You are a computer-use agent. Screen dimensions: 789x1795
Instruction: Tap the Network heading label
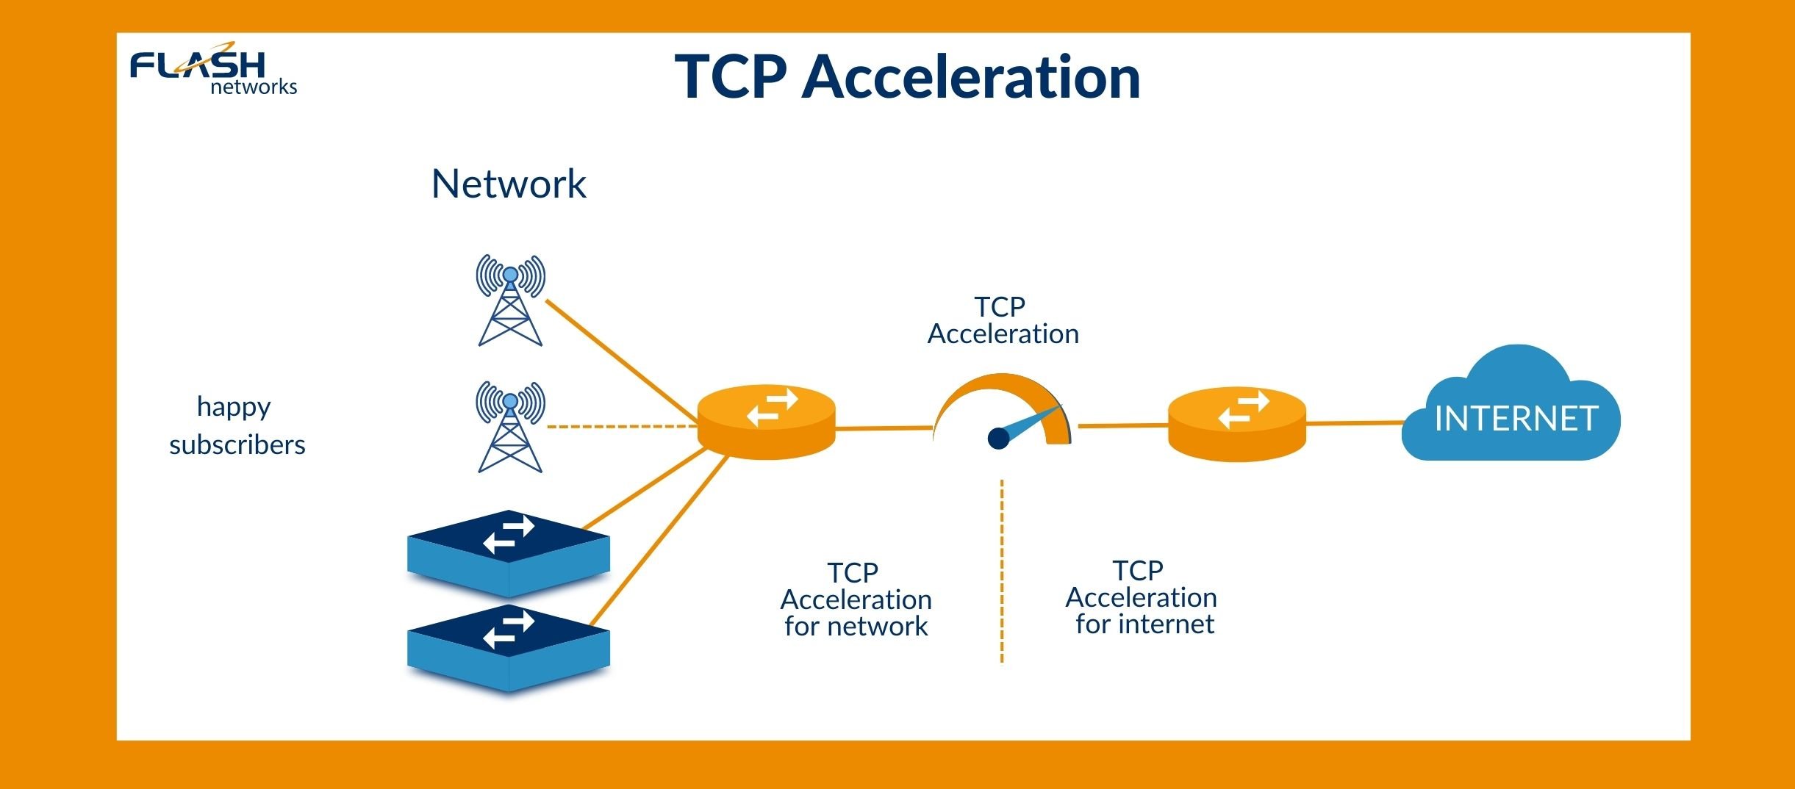(509, 184)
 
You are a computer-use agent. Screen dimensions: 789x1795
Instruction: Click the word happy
(234, 407)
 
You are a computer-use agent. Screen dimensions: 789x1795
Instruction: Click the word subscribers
(237, 445)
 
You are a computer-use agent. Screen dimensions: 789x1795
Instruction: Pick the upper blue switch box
(509, 553)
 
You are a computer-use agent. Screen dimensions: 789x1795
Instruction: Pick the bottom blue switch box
(509, 648)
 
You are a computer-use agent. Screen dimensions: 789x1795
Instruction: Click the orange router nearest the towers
(766, 422)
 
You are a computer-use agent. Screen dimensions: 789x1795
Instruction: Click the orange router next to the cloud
(1237, 424)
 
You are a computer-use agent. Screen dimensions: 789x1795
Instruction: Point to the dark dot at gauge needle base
(998, 439)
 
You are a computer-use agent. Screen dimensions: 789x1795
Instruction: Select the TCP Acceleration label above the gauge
(1003, 320)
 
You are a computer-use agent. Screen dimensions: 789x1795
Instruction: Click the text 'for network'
(856, 627)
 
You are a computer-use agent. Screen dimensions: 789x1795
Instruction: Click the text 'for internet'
(1144, 624)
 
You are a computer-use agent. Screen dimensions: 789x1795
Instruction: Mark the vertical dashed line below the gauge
(1002, 573)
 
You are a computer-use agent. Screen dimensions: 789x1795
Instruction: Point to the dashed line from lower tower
(621, 426)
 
